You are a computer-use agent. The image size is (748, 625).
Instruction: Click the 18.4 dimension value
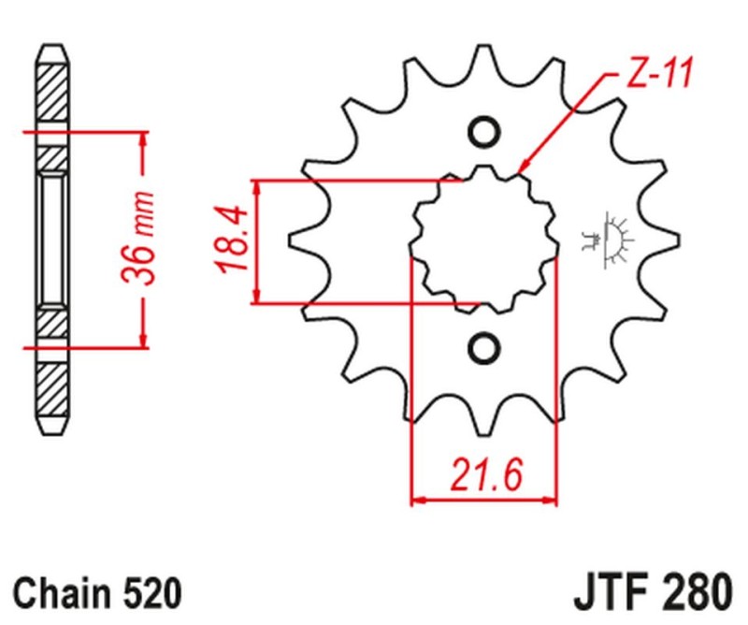pyautogui.click(x=233, y=240)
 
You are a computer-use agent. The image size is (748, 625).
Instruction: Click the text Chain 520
pyautogui.click(x=97, y=593)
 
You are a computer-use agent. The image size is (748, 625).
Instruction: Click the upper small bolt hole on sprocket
pyautogui.click(x=483, y=133)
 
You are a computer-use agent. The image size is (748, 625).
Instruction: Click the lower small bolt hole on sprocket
pyautogui.click(x=483, y=347)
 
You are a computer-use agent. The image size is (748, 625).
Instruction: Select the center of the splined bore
pyautogui.click(x=483, y=240)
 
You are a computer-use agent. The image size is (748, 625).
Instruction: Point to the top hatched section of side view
pyautogui.click(x=52, y=94)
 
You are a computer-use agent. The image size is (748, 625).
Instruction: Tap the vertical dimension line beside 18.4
pyautogui.click(x=258, y=240)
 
